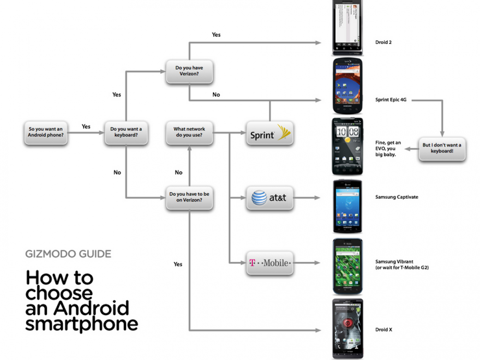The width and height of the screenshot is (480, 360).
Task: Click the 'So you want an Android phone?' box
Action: coord(46,132)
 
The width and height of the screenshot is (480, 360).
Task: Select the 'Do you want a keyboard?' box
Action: coord(126,132)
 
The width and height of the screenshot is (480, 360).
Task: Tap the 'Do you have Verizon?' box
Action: coord(189,71)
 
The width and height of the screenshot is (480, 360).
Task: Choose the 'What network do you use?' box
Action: coord(189,132)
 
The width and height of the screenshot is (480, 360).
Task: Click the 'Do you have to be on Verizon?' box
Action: coord(189,197)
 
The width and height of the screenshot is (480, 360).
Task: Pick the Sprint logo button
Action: coord(270,133)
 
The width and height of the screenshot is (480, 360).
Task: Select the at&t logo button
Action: coord(270,198)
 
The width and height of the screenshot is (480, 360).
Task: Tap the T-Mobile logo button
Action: coord(270,263)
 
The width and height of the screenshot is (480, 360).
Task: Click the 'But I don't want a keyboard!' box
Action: coord(442,148)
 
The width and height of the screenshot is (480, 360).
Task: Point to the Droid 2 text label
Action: coord(383,42)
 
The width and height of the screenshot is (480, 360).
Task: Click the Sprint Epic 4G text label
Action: coord(391,100)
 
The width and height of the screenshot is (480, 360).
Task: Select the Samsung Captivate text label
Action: coord(396,197)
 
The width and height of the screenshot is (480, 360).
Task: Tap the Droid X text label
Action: coord(382,330)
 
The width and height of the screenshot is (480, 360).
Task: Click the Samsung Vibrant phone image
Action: coord(347,267)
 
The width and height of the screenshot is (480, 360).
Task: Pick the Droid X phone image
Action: coord(347,328)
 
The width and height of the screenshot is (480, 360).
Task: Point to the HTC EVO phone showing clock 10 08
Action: coord(347,146)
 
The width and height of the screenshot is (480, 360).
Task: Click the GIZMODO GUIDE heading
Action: coord(68,254)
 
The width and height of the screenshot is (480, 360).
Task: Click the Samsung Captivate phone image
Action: coord(347,206)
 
